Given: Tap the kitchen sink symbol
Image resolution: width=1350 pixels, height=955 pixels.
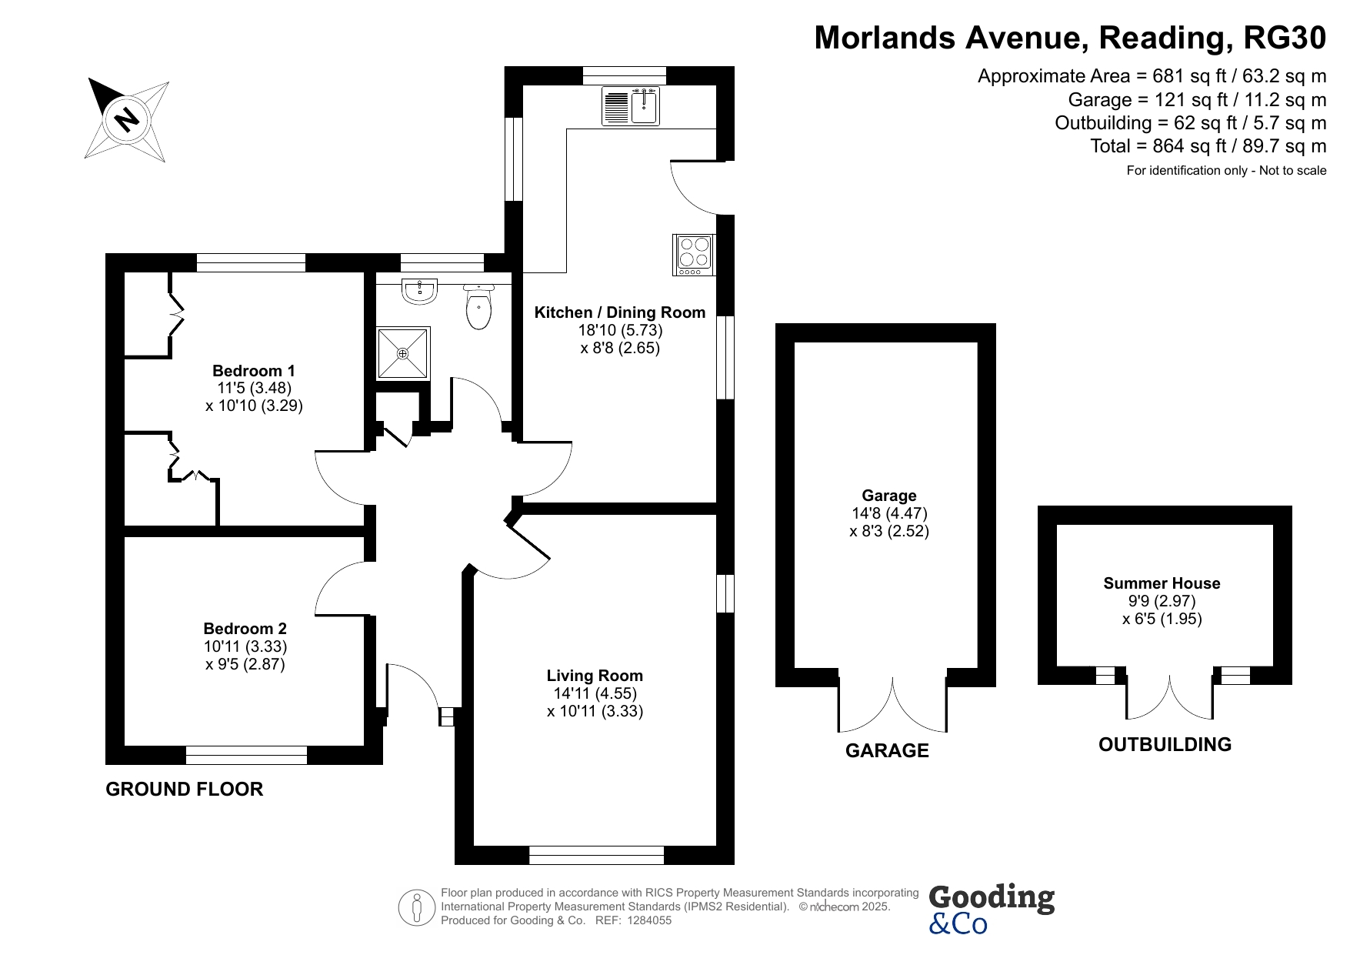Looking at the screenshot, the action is point(631,106).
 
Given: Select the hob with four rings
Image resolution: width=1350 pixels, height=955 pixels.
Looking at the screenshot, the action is point(695,255).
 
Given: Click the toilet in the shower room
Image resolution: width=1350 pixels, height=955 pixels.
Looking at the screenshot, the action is point(479,306).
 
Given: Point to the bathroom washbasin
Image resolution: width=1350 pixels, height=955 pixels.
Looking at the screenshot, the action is point(420,289).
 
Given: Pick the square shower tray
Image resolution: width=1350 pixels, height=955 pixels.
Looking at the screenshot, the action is point(403,353).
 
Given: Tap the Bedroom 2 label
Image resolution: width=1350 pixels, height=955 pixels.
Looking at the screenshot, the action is point(245,629).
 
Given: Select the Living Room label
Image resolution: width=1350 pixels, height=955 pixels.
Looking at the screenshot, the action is point(595,676).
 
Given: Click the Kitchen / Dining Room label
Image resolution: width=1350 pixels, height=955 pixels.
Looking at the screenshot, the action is point(620,312).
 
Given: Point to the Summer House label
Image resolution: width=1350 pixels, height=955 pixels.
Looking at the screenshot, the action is point(1162,583).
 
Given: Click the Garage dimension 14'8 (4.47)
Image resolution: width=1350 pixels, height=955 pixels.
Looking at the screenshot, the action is point(889,513).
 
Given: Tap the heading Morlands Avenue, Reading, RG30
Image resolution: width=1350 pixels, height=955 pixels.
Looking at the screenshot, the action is point(1070,38).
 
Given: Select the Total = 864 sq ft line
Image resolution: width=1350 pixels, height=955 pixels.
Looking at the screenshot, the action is point(1208,146).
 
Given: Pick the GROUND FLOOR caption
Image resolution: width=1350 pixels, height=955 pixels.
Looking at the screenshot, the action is point(185,789).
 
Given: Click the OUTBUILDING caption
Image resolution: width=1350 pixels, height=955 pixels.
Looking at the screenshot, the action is point(1165,744).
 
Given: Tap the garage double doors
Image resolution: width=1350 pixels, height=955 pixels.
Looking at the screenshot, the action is point(892,704).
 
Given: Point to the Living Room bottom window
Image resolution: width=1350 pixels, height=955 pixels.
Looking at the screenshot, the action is point(596,855).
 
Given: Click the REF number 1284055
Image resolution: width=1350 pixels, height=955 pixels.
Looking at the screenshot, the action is point(650,920).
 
